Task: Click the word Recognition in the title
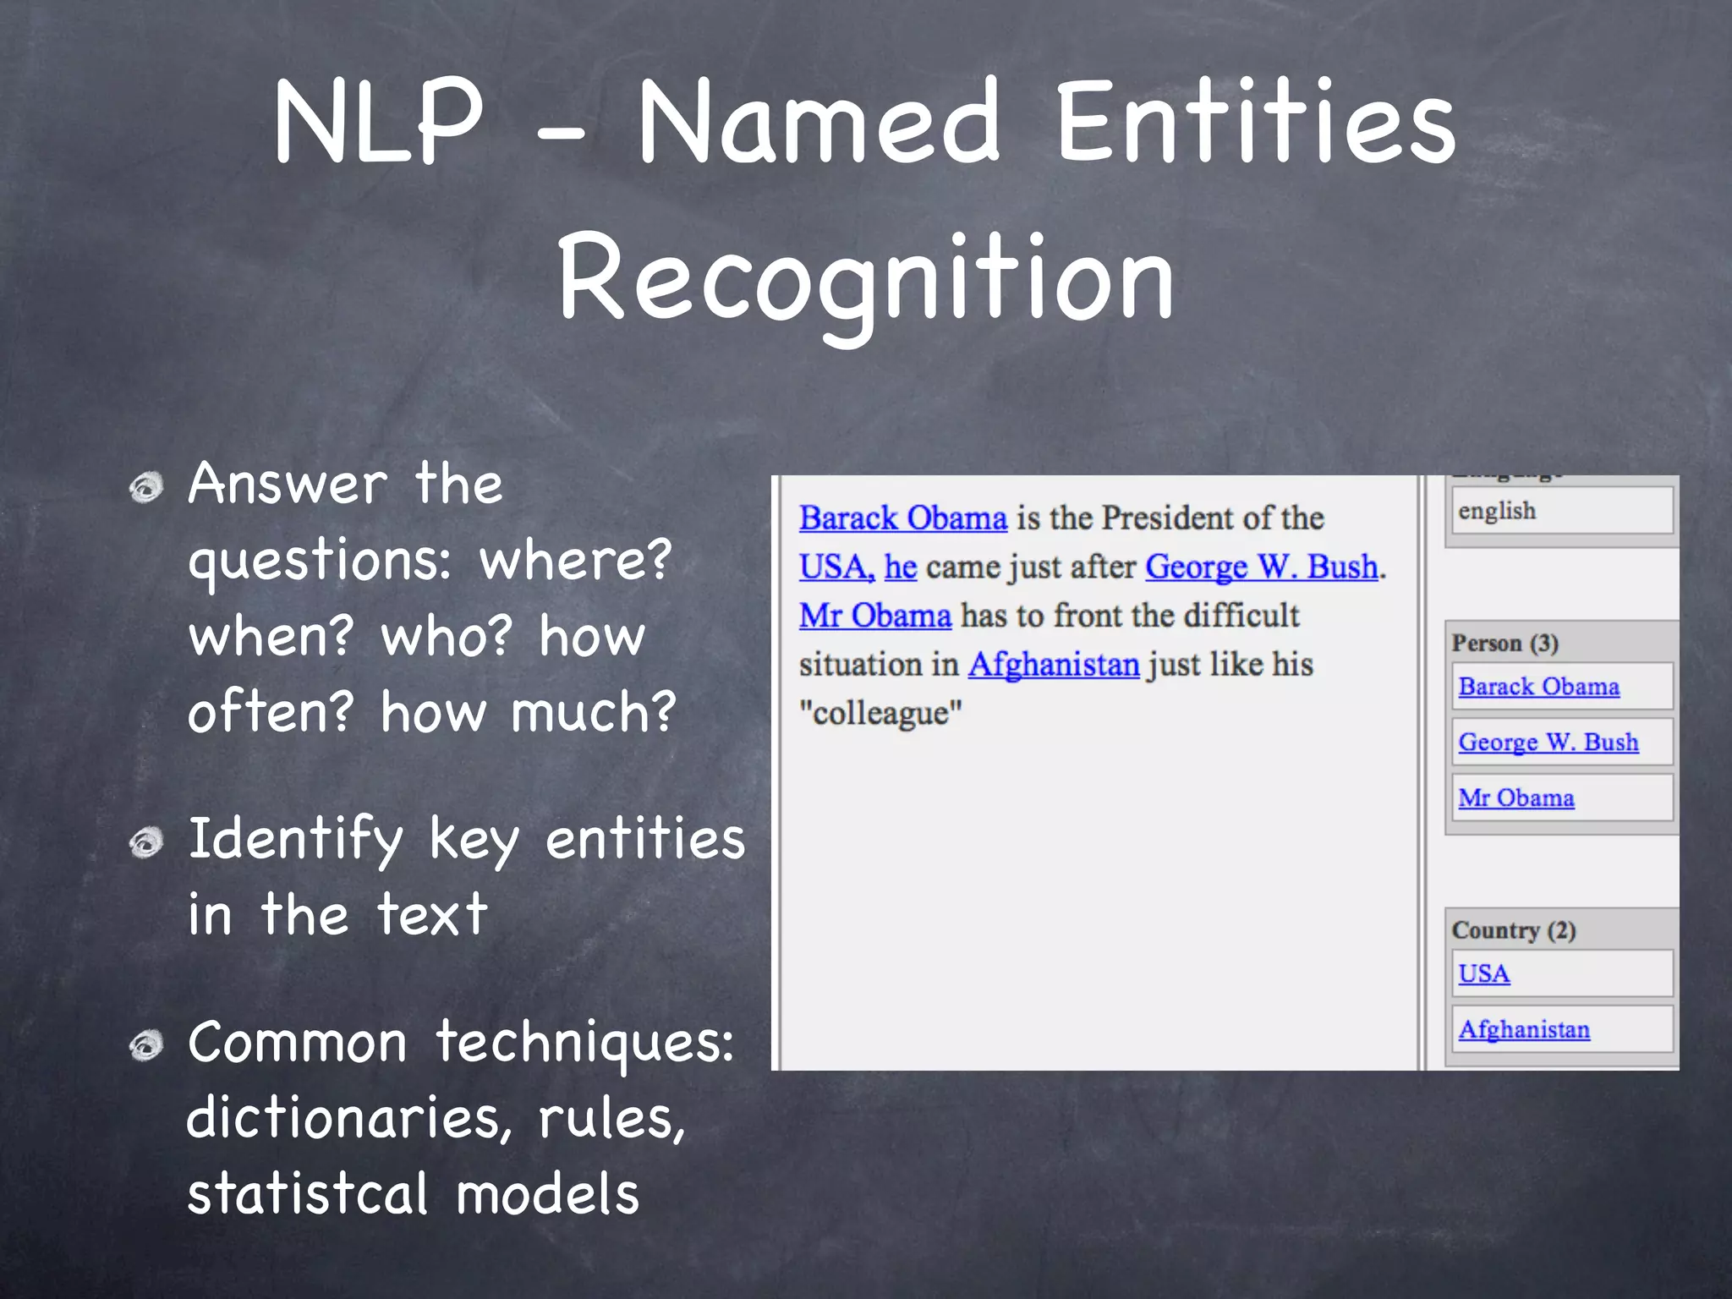point(865,279)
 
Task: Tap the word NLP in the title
point(378,123)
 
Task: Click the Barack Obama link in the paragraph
point(902,518)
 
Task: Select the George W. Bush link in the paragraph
point(1261,567)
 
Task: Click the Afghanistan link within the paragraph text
point(1054,665)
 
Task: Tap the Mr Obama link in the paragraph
point(874,616)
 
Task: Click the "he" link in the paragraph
point(900,567)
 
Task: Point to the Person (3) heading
point(1505,644)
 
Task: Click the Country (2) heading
point(1513,930)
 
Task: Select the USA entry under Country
point(1483,973)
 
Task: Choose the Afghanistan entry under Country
point(1523,1029)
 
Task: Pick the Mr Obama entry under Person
point(1515,797)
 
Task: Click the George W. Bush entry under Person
point(1548,742)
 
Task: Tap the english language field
point(1561,511)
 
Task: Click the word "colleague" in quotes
point(880,713)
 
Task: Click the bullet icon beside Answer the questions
point(146,487)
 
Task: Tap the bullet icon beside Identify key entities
point(146,842)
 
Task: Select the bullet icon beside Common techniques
point(146,1046)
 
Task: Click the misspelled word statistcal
point(307,1193)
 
